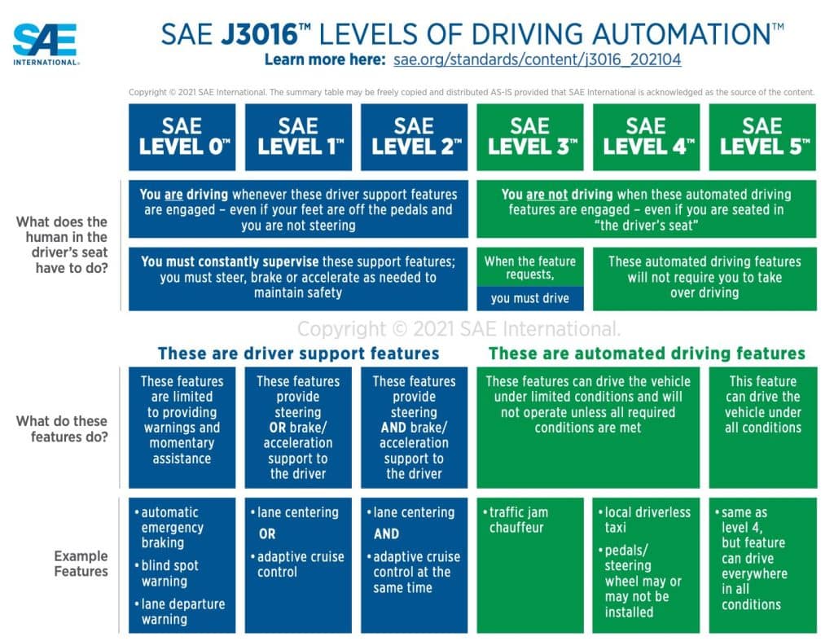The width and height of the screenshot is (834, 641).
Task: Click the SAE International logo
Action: click(46, 44)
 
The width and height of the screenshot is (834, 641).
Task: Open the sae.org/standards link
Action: click(538, 59)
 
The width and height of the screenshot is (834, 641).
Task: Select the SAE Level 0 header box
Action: click(182, 138)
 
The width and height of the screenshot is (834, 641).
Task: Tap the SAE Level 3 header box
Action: click(529, 138)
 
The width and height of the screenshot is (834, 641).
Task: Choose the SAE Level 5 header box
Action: click(762, 138)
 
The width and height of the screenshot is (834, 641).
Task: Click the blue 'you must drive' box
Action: click(529, 298)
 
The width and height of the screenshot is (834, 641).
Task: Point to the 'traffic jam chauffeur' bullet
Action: click(516, 520)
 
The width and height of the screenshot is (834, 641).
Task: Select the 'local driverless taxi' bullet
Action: click(645, 520)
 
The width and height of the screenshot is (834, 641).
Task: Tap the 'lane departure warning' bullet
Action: click(180, 612)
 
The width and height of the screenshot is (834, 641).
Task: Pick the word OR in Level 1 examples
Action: click(267, 534)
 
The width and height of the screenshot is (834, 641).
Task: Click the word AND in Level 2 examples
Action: click(386, 534)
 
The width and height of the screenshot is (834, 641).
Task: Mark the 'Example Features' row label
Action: click(81, 564)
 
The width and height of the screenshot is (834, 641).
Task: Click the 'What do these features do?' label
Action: click(62, 428)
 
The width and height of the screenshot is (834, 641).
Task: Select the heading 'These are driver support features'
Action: click(298, 353)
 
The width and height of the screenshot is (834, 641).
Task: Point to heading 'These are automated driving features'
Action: click(647, 353)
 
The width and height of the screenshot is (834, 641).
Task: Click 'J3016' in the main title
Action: click(259, 34)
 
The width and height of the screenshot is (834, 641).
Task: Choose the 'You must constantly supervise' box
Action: click(298, 279)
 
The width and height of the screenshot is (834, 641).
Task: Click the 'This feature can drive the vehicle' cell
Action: click(762, 427)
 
